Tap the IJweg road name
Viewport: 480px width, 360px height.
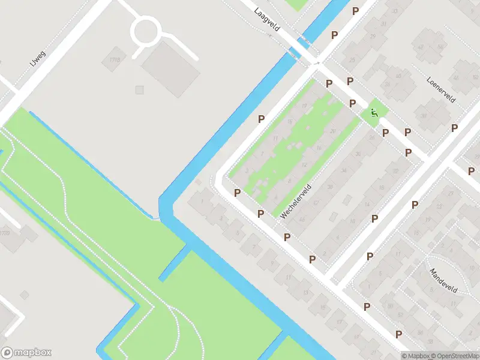(x=38, y=58)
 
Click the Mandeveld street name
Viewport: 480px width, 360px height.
(x=443, y=280)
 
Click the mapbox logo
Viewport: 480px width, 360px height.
(x=26, y=353)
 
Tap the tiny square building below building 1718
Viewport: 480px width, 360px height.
(x=139, y=90)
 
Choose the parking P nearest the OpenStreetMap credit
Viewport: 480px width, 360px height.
(x=398, y=334)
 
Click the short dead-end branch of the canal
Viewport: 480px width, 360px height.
(x=172, y=264)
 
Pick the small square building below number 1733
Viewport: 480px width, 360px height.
(x=25, y=295)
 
